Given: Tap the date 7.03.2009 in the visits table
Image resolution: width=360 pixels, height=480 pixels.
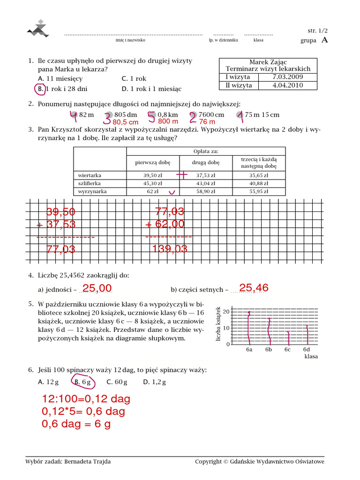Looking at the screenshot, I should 287,77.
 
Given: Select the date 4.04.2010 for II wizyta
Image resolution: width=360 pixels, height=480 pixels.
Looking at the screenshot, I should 287,85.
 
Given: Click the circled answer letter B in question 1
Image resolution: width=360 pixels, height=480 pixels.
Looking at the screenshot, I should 41,89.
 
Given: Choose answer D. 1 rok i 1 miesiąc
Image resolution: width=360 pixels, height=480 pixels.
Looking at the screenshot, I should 151,89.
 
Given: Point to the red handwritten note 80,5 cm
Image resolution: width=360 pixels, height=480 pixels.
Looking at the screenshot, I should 126,122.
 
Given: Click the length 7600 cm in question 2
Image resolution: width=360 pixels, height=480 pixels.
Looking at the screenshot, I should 211,114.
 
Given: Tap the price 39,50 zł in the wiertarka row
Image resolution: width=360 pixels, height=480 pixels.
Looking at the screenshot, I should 152,175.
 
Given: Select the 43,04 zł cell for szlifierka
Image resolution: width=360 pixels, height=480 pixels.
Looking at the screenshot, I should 206,183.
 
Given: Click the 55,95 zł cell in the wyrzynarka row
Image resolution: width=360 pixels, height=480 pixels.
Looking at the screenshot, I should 259,191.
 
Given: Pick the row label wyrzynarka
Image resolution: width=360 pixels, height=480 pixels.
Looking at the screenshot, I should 93,191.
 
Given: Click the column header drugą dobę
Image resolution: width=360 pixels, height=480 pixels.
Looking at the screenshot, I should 206,162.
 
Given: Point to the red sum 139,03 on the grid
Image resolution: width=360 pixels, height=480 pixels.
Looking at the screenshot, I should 170,249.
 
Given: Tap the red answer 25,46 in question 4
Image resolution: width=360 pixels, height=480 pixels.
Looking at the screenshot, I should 254,288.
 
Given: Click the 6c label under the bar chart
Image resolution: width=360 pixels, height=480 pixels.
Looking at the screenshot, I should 287,350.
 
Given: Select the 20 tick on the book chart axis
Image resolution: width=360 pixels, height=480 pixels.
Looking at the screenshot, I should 226,312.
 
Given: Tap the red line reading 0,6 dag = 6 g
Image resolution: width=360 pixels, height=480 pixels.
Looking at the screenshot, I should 76,424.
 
